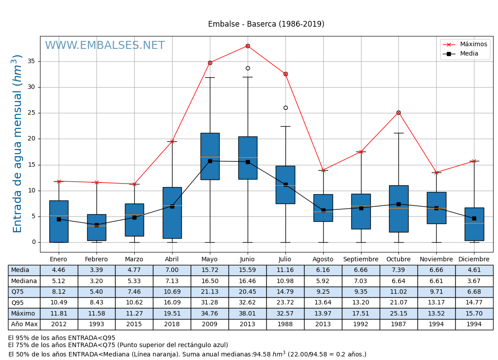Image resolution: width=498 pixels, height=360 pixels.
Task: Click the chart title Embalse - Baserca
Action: click(x=266, y=24)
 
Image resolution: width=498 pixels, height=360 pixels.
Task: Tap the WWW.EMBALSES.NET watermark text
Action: click(x=105, y=45)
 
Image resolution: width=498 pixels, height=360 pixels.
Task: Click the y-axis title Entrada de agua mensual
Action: click(x=17, y=143)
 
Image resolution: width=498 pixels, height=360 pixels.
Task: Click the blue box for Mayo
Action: click(x=210, y=156)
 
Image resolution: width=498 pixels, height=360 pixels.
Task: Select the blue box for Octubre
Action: click(x=398, y=208)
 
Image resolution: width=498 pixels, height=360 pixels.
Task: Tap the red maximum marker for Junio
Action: click(x=248, y=46)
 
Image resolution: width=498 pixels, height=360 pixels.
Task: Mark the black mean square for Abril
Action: click(x=172, y=206)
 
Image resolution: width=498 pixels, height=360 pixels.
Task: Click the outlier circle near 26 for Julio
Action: click(x=285, y=108)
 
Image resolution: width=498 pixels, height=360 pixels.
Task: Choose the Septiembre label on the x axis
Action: click(x=361, y=259)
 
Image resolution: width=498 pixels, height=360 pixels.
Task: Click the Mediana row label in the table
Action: click(x=24, y=281)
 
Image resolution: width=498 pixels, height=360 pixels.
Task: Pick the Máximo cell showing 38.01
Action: click(x=247, y=313)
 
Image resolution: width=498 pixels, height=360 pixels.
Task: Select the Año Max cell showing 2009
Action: click(x=210, y=324)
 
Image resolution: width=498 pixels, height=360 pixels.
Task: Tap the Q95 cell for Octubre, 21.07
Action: click(x=398, y=303)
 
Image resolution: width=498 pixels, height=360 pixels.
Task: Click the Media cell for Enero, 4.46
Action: click(x=59, y=270)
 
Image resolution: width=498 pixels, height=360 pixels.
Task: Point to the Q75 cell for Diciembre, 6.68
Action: click(x=474, y=292)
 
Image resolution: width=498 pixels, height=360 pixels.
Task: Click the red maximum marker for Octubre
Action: click(x=398, y=112)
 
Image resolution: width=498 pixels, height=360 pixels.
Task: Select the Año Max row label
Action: click(x=24, y=324)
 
